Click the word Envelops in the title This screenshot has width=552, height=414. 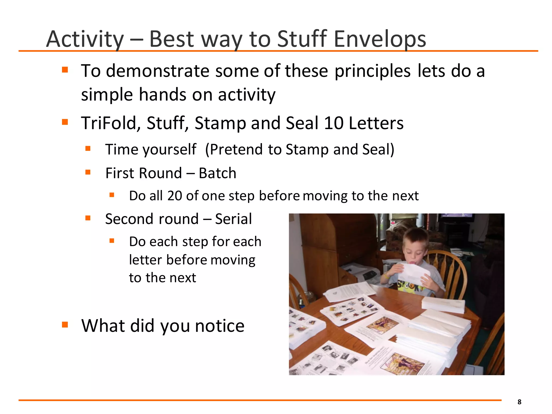coord(380,39)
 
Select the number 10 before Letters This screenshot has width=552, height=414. coord(333,123)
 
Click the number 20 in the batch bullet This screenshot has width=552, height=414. coord(174,196)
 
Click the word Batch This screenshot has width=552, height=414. coord(217,173)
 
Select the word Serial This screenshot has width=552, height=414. coord(233,219)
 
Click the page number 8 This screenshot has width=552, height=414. coord(519,402)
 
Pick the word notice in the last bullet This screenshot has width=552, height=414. coord(220,326)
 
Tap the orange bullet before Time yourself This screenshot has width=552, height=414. coord(88,149)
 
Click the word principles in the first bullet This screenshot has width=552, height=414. coord(372,71)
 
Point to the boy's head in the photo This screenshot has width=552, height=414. coord(415,243)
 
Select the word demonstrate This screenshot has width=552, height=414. coord(158,71)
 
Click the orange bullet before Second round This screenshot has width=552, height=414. coord(88,218)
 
